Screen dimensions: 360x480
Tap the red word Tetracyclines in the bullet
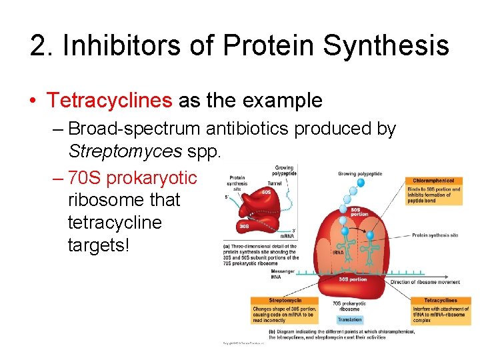pyautogui.click(x=109, y=101)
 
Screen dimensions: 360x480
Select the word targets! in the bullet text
pyautogui.click(x=97, y=244)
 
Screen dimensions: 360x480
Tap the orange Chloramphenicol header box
pyautogui.click(x=433, y=181)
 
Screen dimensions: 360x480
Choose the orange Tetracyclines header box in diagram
pyautogui.click(x=440, y=301)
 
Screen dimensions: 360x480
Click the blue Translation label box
pyautogui.click(x=349, y=320)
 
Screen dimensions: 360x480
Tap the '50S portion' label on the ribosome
pyautogui.click(x=359, y=213)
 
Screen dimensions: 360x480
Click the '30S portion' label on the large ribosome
pyautogui.click(x=353, y=279)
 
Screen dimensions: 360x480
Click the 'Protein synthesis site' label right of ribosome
pyautogui.click(x=435, y=235)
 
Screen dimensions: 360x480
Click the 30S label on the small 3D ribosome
pyautogui.click(x=245, y=227)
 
